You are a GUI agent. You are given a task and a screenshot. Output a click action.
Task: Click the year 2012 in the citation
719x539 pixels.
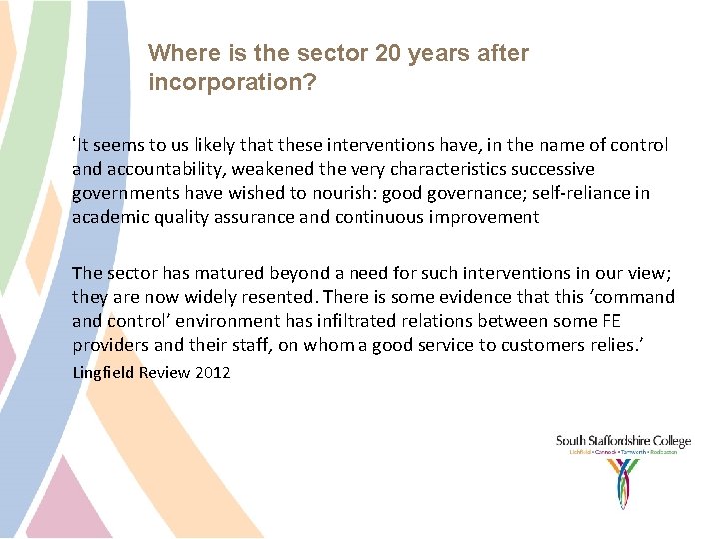click(211, 372)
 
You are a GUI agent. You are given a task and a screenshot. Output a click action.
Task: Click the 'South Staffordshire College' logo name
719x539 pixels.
click(622, 441)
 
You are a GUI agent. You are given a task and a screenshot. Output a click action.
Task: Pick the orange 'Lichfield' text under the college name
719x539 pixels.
click(581, 452)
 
